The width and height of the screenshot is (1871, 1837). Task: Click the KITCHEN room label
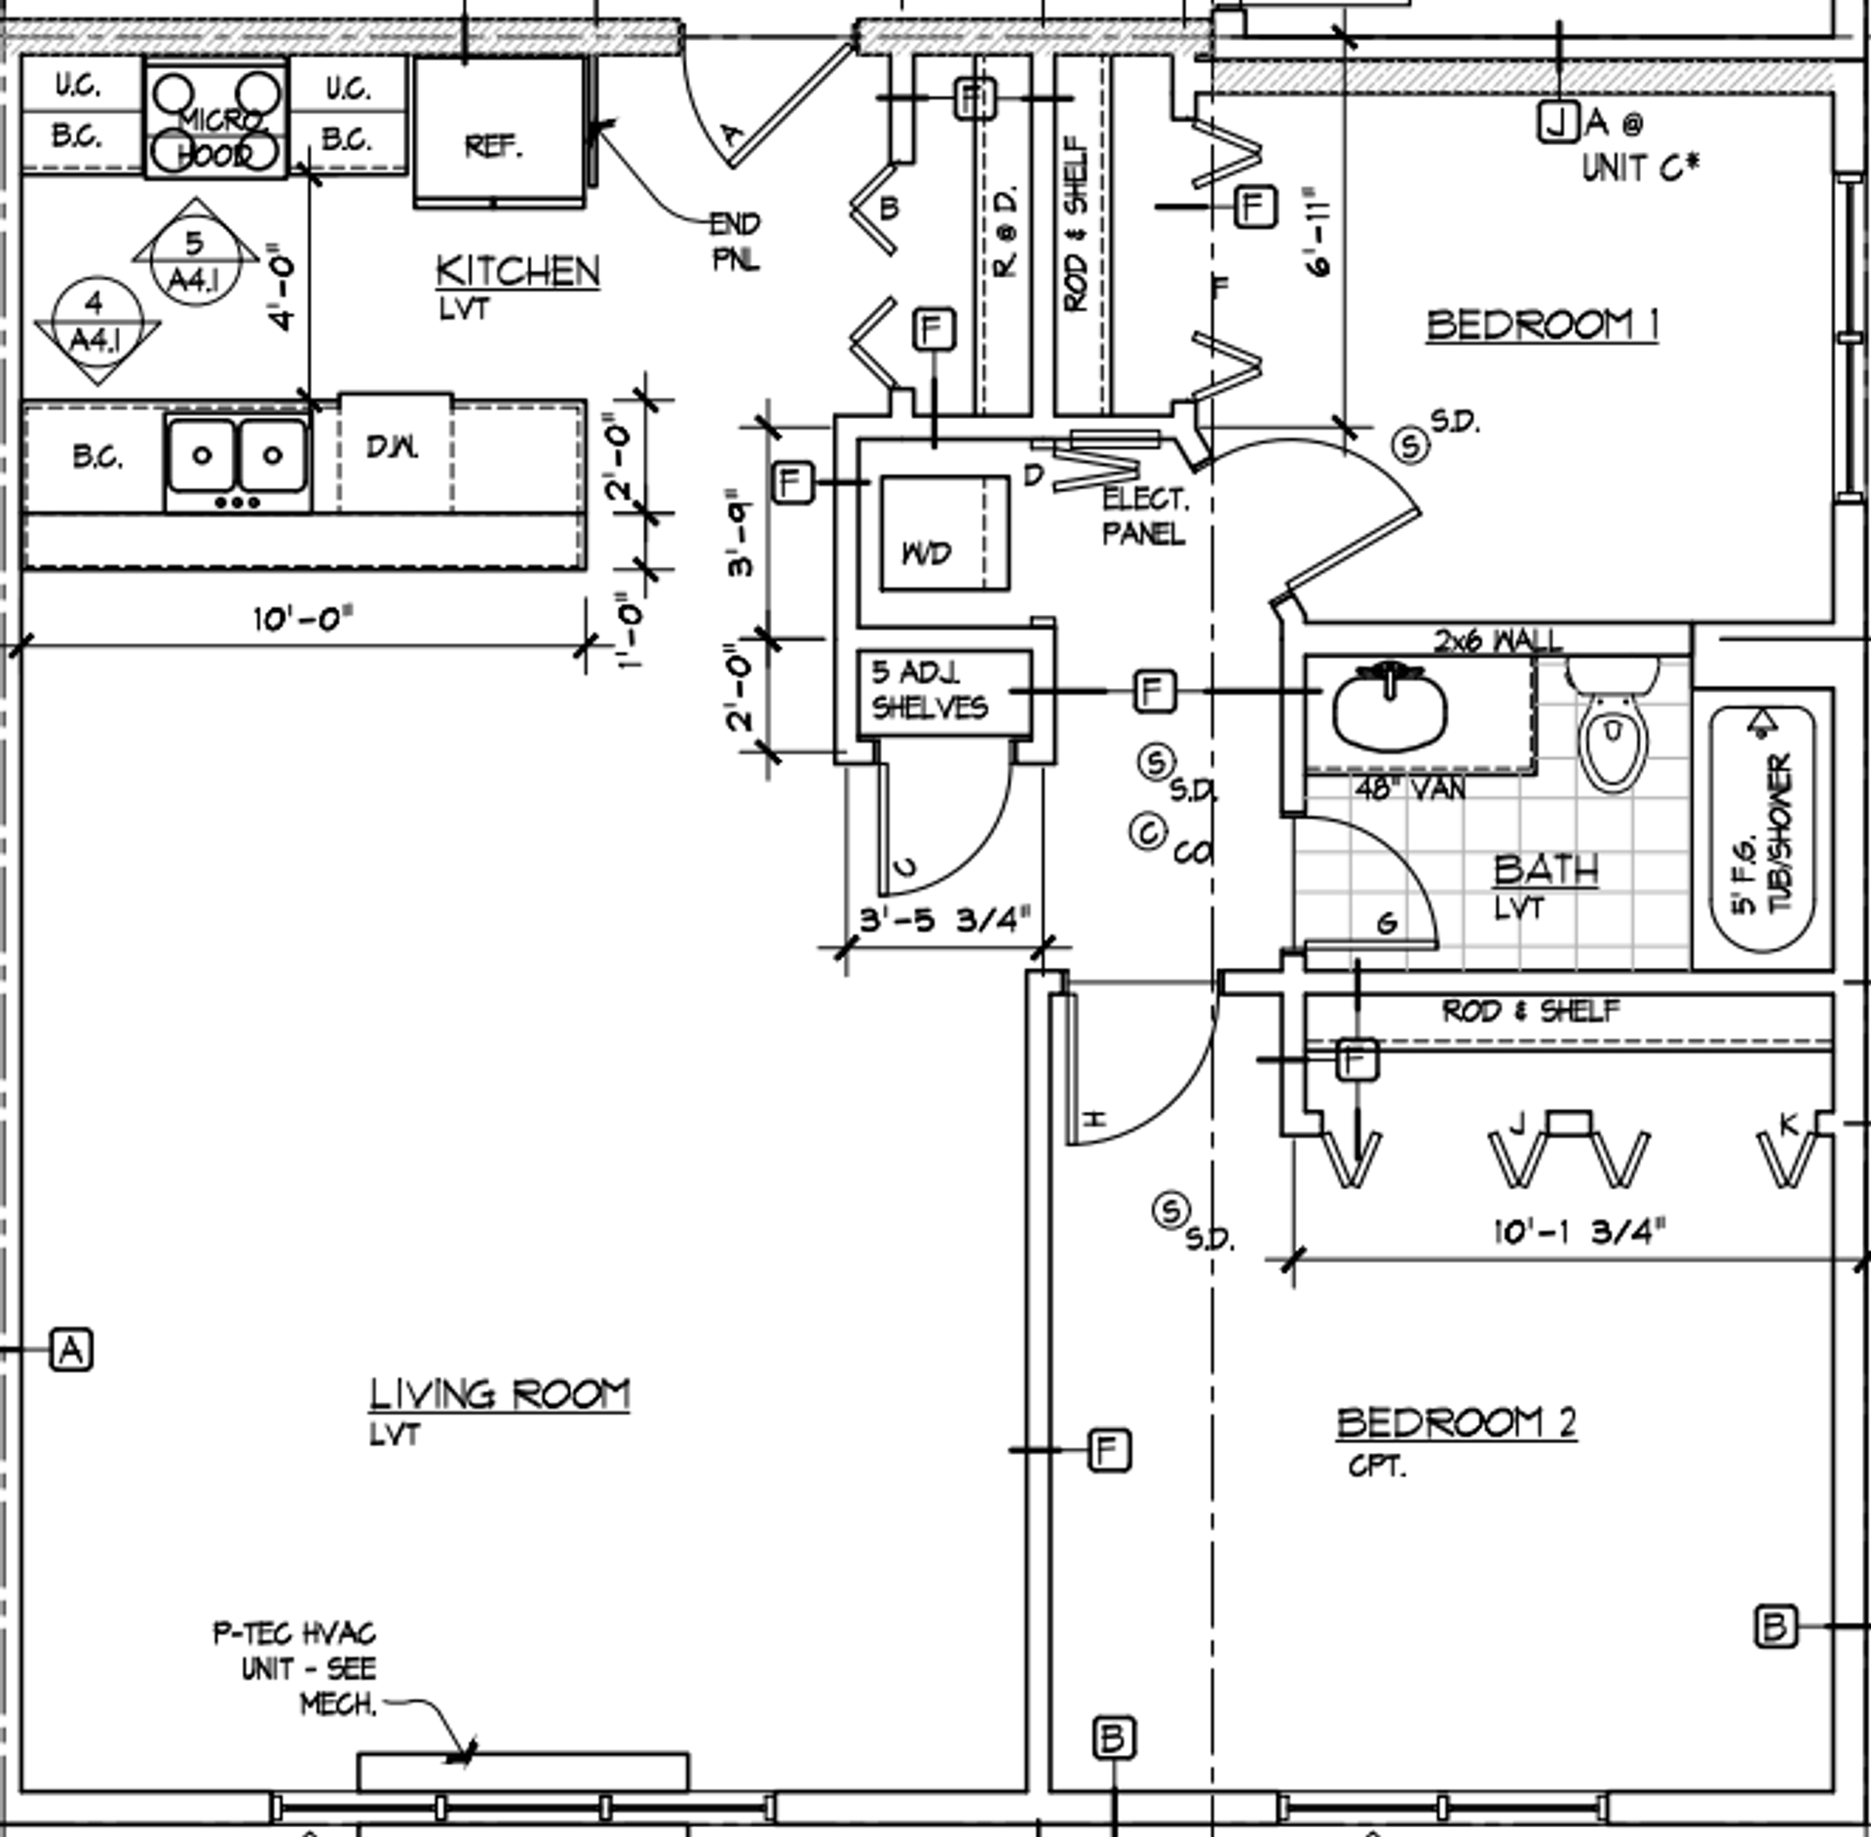coord(517,272)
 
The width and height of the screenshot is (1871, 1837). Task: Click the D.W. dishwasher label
coord(393,447)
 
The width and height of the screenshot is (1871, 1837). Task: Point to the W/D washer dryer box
coord(943,533)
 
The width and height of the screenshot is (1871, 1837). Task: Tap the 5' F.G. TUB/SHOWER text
coord(1765,833)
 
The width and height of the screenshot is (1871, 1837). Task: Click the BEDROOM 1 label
coord(1542,325)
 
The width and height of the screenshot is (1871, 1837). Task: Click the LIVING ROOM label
coord(499,1395)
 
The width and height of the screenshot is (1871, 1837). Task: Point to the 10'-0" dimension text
coord(303,619)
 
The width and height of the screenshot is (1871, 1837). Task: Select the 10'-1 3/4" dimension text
coord(1579,1232)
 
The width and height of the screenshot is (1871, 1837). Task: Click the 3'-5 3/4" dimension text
coord(943,920)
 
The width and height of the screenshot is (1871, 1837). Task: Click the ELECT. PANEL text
coord(1145,517)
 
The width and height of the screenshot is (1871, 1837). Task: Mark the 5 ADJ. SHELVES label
coord(930,690)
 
